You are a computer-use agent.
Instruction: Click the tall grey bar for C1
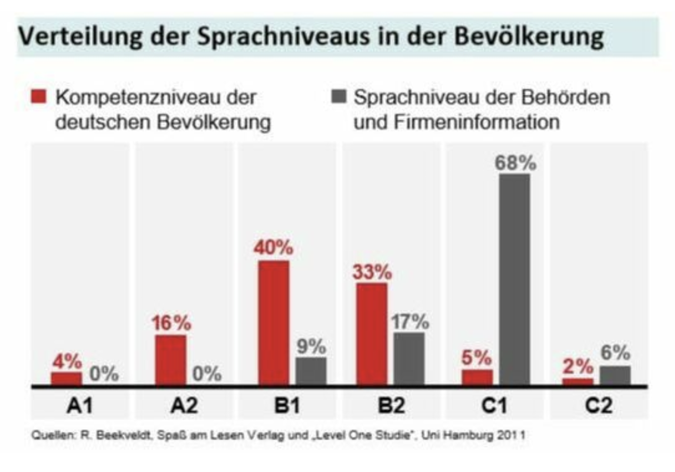(x=515, y=280)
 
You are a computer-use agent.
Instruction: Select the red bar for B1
(x=273, y=323)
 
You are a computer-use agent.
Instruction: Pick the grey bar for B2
(x=409, y=359)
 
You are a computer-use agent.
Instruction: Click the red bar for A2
(x=170, y=360)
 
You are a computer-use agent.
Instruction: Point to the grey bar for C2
(x=615, y=376)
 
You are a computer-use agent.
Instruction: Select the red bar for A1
(x=66, y=379)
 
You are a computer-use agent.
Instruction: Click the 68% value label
(x=515, y=163)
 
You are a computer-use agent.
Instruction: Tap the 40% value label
(x=273, y=247)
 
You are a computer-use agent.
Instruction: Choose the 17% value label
(x=410, y=322)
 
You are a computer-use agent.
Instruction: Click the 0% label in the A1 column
(x=104, y=374)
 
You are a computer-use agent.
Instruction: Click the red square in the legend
(x=43, y=97)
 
